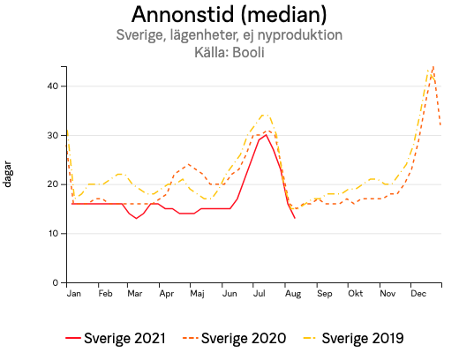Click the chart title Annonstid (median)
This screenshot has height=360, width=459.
click(x=229, y=15)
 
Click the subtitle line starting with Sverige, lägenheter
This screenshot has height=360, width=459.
click(x=229, y=35)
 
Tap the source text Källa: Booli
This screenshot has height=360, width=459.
click(x=229, y=52)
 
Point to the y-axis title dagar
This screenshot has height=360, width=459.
click(x=8, y=174)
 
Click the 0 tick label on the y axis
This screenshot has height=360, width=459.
click(x=55, y=283)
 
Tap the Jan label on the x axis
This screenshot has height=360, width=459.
click(x=74, y=293)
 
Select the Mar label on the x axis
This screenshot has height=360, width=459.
click(x=135, y=293)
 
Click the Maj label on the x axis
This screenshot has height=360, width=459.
click(x=198, y=293)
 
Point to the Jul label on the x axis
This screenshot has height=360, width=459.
click(x=260, y=293)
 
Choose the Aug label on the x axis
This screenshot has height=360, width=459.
click(x=292, y=293)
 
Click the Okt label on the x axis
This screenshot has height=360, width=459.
click(x=355, y=293)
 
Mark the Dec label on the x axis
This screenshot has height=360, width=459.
click(x=418, y=293)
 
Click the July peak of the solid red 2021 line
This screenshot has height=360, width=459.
click(x=266, y=135)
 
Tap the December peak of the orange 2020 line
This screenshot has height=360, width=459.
click(x=433, y=66)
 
